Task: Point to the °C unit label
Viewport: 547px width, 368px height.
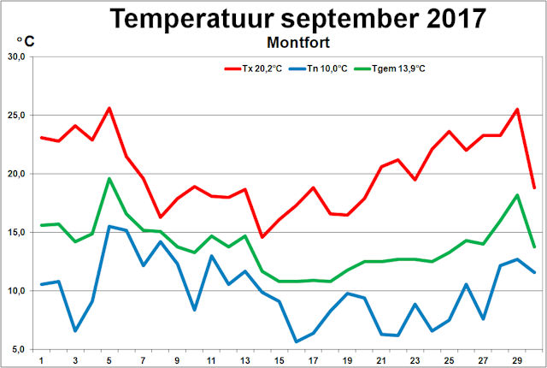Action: [x=25, y=40]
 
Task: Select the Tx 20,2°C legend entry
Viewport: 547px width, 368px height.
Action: [x=255, y=68]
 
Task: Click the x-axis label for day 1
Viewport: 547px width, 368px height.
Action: [x=40, y=360]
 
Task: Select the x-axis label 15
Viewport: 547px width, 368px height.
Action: [x=279, y=360]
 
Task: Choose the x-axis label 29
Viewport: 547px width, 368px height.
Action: [x=517, y=360]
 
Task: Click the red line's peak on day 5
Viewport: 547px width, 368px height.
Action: [x=109, y=108]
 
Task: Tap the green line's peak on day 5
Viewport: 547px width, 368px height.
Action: [x=109, y=178]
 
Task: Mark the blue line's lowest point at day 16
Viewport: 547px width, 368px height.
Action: [x=296, y=341]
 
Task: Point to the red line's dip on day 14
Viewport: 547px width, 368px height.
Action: [x=262, y=237]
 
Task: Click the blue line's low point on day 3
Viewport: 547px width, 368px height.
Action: [x=75, y=330]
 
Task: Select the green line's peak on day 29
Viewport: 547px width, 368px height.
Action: [x=517, y=195]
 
